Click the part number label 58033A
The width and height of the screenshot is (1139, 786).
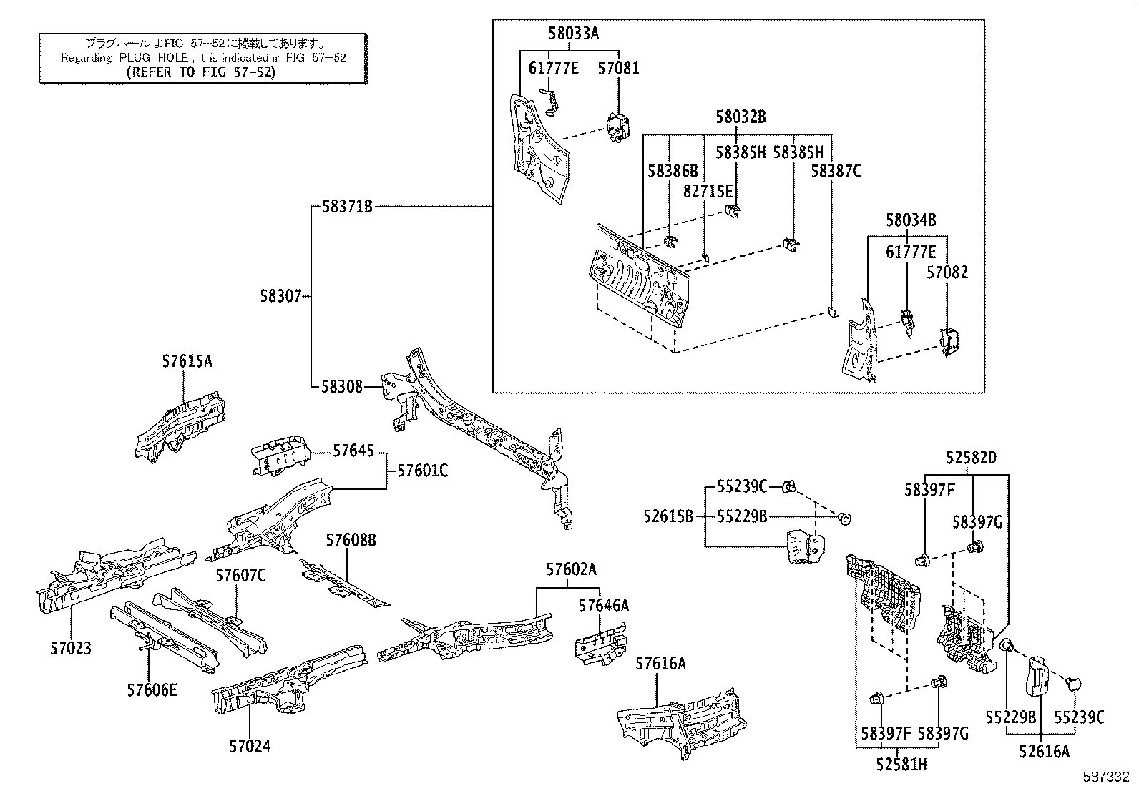573,32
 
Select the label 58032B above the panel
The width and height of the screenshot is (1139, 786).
741,117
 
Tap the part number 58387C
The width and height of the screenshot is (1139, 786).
836,171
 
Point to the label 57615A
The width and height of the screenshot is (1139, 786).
187,362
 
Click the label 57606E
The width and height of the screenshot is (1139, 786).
152,690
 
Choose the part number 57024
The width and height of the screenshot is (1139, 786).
250,747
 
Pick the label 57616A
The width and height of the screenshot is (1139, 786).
660,664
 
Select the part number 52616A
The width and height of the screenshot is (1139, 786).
1045,752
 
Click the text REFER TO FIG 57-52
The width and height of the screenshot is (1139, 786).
200,72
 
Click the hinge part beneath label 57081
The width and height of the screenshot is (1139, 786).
617,127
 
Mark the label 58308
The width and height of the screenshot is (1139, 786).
342,387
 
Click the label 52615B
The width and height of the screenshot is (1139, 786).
668,516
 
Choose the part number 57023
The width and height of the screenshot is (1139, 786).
71,649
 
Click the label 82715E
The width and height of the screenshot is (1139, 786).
708,191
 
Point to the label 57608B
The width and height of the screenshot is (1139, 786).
351,540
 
